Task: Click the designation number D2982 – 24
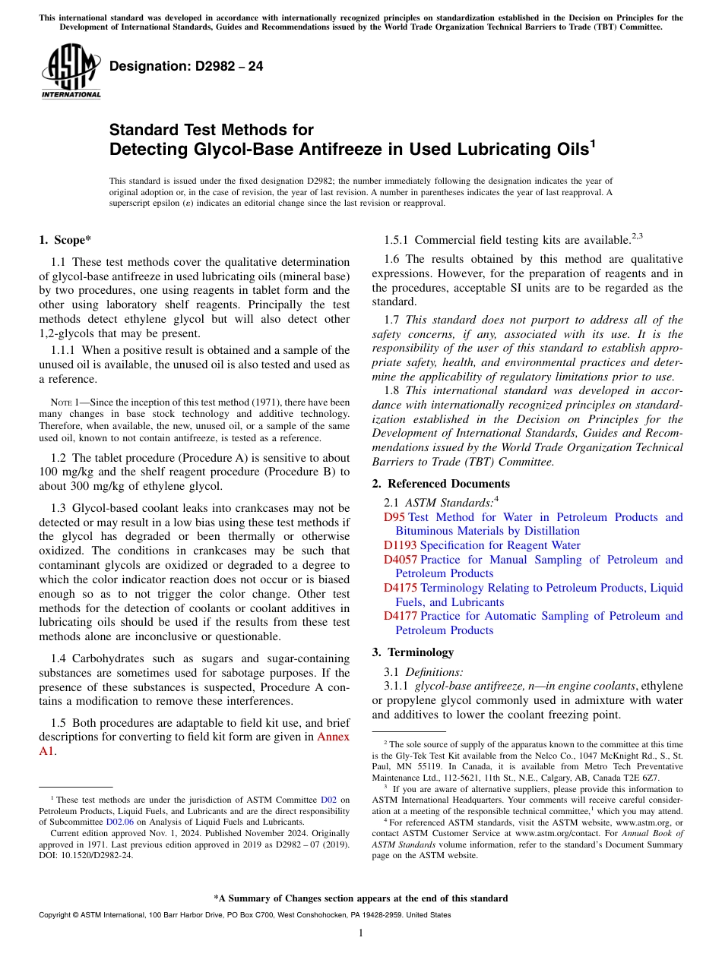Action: click(186, 66)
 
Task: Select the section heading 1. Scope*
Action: click(65, 240)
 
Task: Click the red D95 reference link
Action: click(394, 517)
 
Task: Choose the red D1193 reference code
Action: click(400, 545)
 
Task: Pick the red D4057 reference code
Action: click(400, 560)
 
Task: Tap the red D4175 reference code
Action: click(400, 588)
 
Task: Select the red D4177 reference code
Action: click(400, 616)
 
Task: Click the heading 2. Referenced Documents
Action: click(441, 484)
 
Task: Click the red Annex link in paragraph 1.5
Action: click(333, 737)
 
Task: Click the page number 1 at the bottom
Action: click(361, 933)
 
